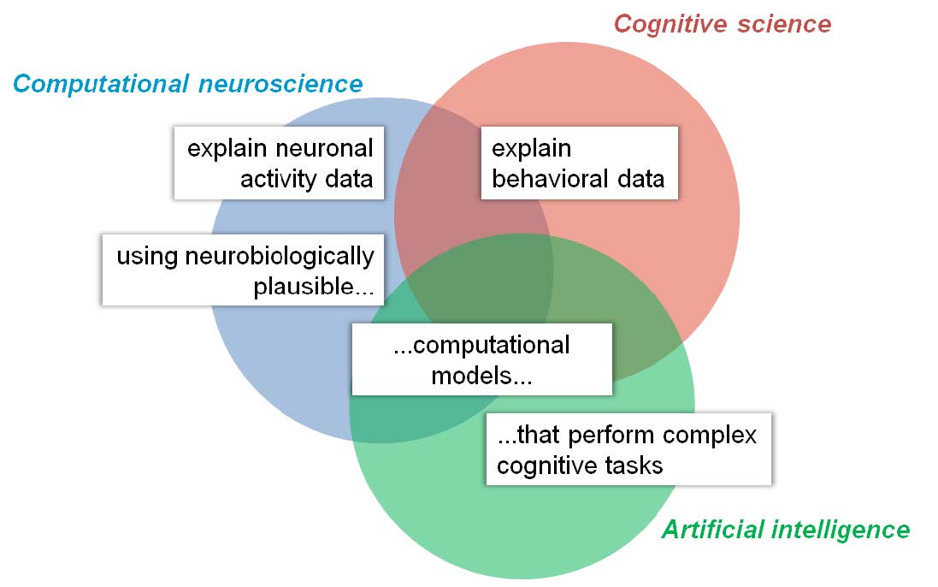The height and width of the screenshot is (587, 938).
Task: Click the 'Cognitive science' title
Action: tap(722, 24)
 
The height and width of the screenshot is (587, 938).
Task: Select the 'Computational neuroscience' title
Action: tap(188, 84)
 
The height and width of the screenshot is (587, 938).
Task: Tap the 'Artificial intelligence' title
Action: tap(786, 530)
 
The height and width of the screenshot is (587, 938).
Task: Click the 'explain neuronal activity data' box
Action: tap(279, 163)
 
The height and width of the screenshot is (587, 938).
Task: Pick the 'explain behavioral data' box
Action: tap(580, 163)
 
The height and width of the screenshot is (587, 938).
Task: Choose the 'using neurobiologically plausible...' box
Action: tap(243, 270)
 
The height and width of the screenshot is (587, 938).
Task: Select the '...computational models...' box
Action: tap(482, 359)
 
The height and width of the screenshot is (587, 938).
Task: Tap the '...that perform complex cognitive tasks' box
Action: tap(628, 448)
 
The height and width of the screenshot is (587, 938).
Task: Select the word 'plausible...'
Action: tap(314, 288)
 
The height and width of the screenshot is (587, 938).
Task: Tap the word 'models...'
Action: tap(481, 376)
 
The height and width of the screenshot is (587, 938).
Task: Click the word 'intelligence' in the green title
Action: tap(841, 531)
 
